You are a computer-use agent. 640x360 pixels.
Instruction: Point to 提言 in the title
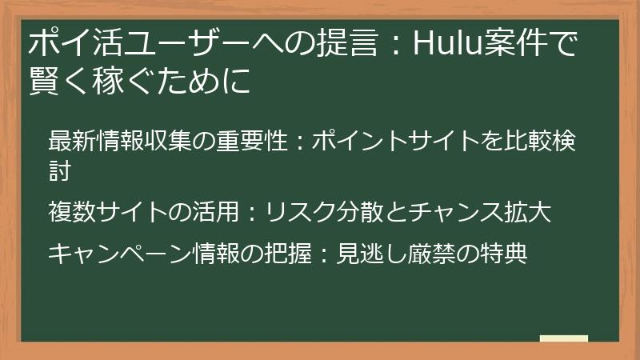[346, 42]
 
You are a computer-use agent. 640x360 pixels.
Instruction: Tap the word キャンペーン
[120, 254]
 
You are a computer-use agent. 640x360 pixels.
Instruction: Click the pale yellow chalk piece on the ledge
[563, 338]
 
